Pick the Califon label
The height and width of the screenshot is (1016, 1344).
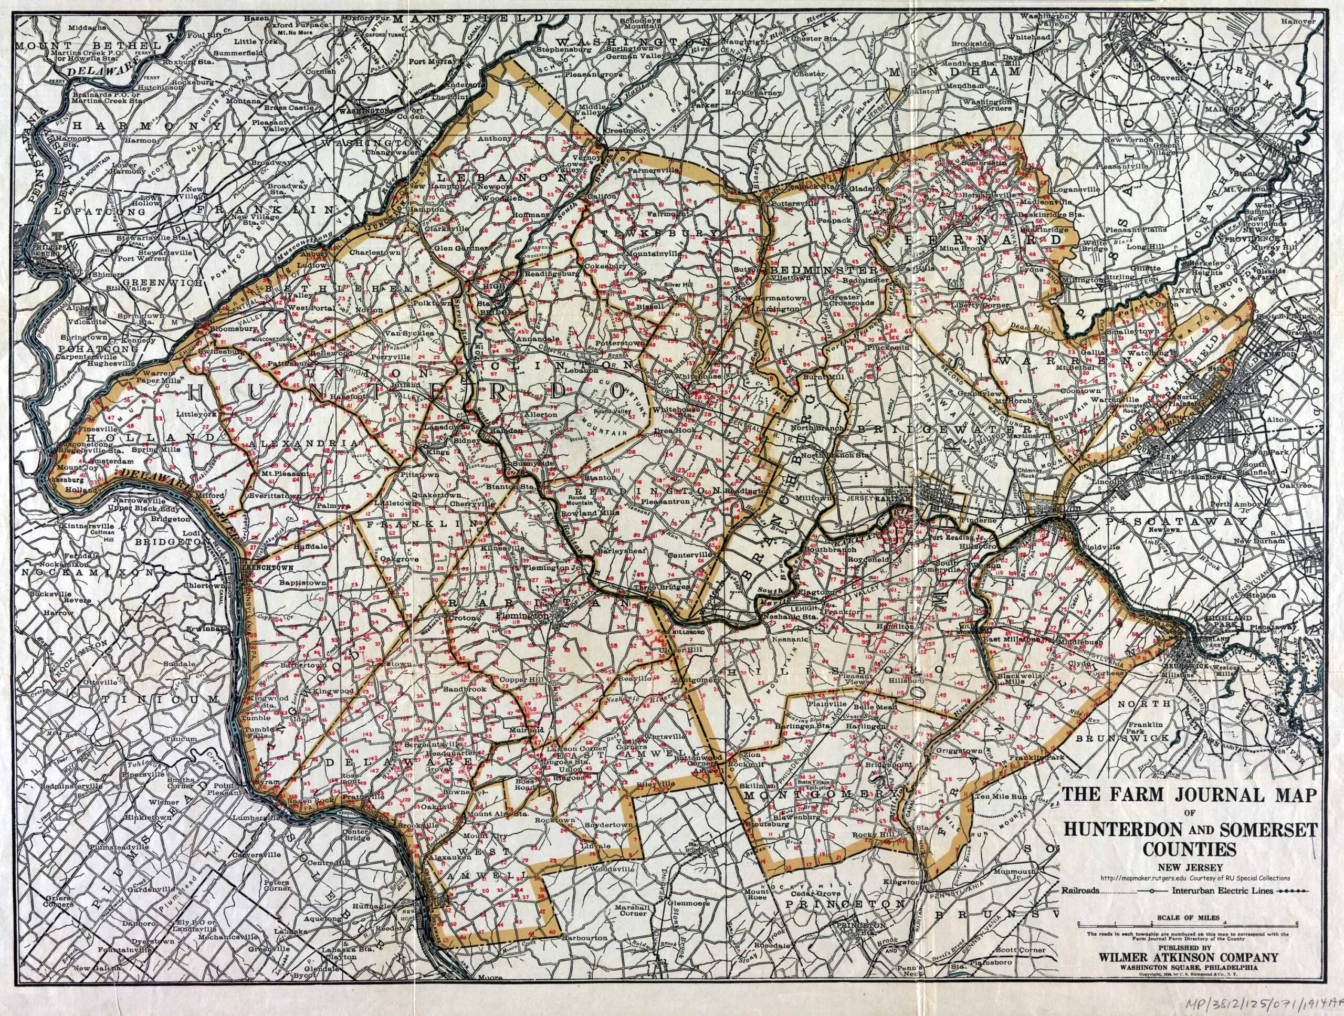pyautogui.click(x=602, y=196)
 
